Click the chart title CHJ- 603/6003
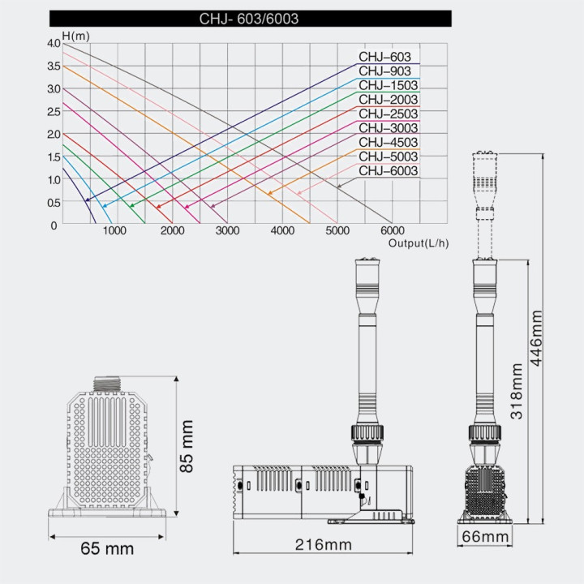[249, 19]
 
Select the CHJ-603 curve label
[384, 57]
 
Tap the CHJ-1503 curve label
[388, 85]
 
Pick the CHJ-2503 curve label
[388, 114]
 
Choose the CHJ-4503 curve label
[388, 142]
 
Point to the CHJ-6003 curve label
[388, 170]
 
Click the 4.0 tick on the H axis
[54, 43]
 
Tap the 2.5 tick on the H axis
[54, 111]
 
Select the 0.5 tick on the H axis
[54, 203]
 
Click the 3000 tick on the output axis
[227, 230]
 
